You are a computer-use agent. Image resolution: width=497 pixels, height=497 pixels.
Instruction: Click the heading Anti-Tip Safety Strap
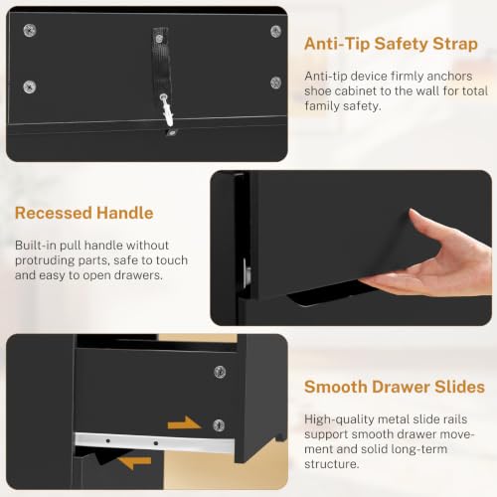[x=391, y=45]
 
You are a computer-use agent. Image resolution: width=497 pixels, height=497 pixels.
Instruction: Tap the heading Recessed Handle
[x=84, y=213]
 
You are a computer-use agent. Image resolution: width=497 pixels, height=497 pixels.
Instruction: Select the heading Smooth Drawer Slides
[x=395, y=387]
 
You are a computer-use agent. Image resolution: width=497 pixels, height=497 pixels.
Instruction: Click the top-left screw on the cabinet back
[x=30, y=31]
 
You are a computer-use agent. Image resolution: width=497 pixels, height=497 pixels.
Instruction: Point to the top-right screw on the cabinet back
[x=275, y=32]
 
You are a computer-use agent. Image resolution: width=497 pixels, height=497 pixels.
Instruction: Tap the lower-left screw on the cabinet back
[x=30, y=87]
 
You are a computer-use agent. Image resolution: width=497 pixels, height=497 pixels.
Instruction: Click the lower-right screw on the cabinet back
[x=275, y=83]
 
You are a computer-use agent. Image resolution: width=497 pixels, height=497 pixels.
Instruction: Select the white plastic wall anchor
[x=167, y=110]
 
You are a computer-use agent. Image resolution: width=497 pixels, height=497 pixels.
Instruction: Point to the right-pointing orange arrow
[x=184, y=423]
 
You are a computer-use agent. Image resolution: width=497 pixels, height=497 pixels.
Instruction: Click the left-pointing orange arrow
[x=134, y=462]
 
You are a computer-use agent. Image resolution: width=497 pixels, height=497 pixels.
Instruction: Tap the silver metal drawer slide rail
[x=155, y=442]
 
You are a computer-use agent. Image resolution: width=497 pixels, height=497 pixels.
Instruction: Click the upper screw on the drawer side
[x=220, y=372]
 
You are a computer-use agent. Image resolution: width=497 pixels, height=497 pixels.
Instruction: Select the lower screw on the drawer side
[x=219, y=425]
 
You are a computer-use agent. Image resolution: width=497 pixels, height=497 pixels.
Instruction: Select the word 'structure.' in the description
[x=332, y=464]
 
